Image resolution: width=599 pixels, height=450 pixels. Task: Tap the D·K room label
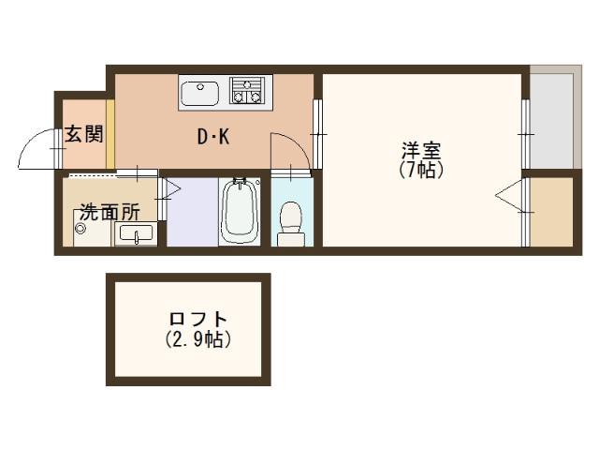tap(212, 138)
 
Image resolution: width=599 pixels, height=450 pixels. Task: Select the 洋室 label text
tap(420, 150)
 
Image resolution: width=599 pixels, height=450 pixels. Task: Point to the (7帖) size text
tap(420, 170)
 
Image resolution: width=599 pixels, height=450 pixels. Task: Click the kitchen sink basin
tap(200, 93)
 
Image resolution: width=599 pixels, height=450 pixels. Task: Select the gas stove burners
tap(249, 91)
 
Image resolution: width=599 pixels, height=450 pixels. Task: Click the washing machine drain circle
tap(80, 228)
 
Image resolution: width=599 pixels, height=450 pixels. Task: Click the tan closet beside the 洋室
tap(549, 211)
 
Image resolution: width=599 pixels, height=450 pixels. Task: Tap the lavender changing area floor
tap(192, 212)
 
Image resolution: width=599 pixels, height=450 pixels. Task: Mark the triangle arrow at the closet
tap(508, 197)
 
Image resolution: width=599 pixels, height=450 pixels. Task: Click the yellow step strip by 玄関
tap(110, 134)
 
